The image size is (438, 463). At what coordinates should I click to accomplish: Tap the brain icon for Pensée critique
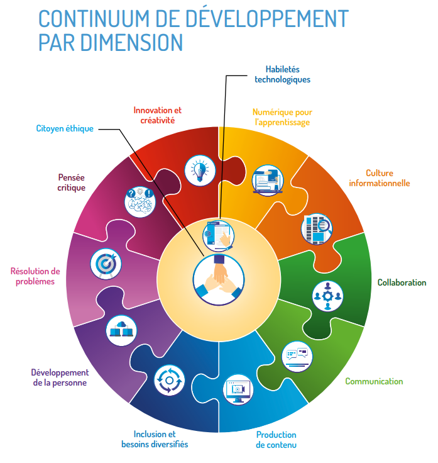coord(140,201)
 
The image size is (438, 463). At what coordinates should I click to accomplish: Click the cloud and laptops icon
coord(122,329)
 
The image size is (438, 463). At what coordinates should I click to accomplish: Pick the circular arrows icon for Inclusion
coord(169,379)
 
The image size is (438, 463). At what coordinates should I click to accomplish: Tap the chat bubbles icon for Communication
coord(296,357)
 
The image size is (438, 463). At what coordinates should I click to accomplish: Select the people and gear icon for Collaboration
coord(327,294)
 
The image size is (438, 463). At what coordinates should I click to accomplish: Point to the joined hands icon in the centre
coord(217,279)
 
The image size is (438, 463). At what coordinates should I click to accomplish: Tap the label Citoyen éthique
coord(64,129)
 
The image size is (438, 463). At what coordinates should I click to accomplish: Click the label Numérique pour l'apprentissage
coord(282,117)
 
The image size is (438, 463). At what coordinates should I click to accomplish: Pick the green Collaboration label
coord(401,282)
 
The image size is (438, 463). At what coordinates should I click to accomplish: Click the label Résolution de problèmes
coord(35,276)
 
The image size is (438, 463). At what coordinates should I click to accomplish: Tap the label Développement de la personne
coord(59,377)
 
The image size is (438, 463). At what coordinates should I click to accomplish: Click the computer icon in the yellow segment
coord(268,181)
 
